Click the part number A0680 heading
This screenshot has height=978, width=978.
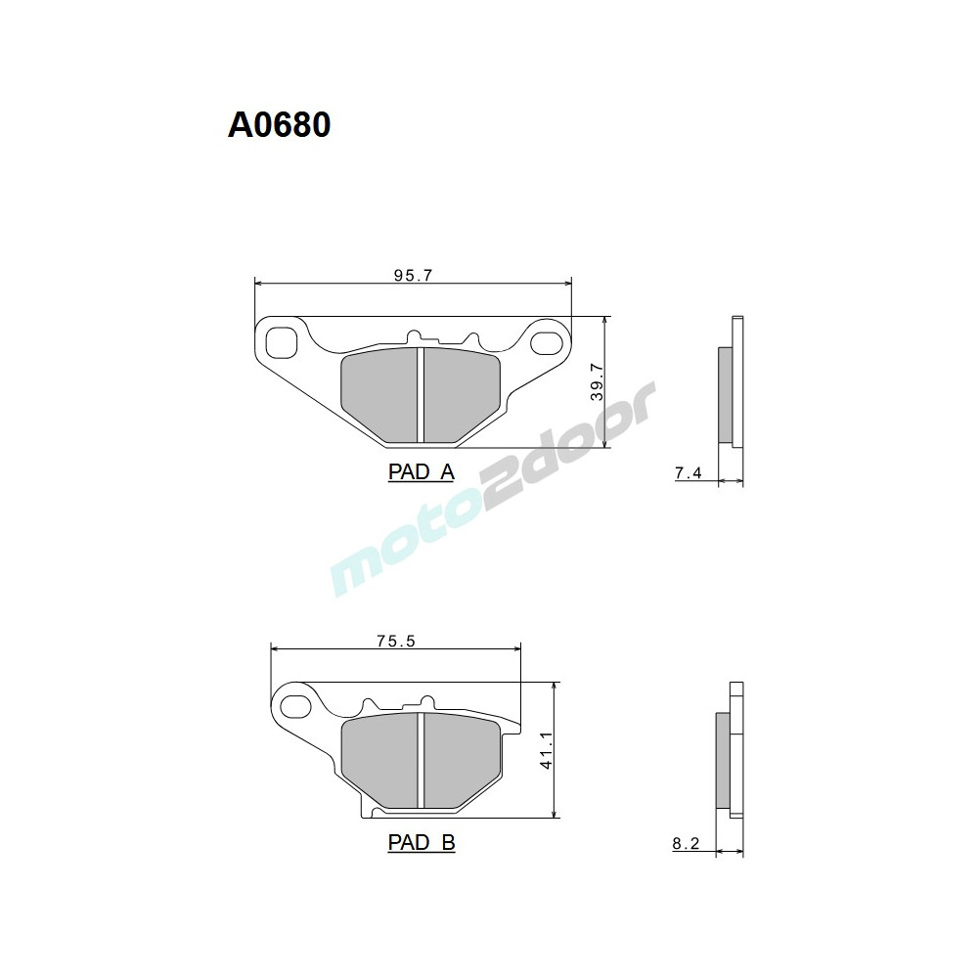[x=280, y=125]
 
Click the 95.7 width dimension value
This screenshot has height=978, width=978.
[x=413, y=276]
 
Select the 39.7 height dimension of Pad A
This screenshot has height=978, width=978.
[x=596, y=382]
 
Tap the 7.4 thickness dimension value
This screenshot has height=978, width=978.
[x=688, y=473]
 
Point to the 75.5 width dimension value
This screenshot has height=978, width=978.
[x=396, y=642]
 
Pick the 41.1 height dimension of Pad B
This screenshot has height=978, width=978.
[x=546, y=750]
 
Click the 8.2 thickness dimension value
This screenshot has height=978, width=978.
[x=687, y=844]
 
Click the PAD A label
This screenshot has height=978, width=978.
[x=421, y=472]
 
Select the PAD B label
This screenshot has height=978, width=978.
[x=421, y=842]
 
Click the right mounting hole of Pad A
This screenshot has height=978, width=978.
[x=544, y=341]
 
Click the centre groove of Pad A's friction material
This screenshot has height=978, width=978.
[x=420, y=395]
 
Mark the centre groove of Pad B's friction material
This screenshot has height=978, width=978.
[x=420, y=760]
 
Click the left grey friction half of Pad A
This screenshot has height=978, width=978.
[x=379, y=395]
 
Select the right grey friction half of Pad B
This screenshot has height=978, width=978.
[x=460, y=760]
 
